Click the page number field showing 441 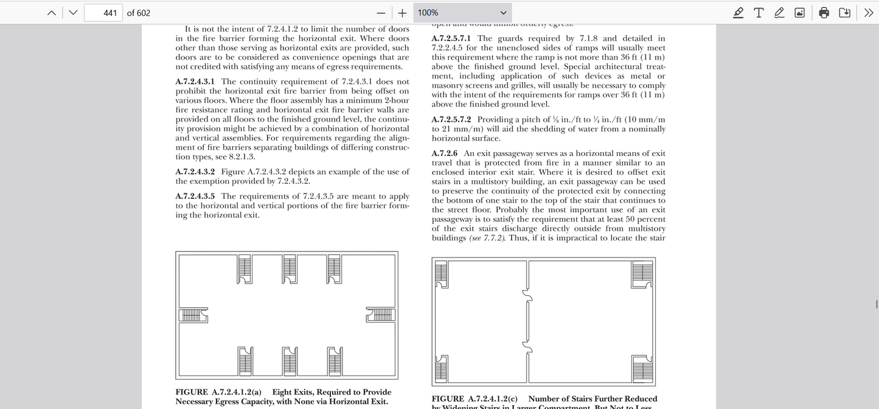click(x=103, y=13)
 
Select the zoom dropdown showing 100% click(x=463, y=13)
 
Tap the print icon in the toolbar click(x=824, y=13)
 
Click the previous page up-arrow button click(x=52, y=13)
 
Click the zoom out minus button click(x=381, y=13)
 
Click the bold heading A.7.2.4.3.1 click(x=195, y=82)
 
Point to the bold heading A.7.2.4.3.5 click(x=195, y=196)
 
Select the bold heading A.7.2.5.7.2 click(x=451, y=119)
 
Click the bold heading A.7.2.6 click(x=444, y=153)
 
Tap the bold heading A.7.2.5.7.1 click(x=451, y=38)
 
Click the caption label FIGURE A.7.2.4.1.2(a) click(x=218, y=392)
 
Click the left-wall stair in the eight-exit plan click(x=193, y=315)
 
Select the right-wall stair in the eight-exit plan click(x=381, y=315)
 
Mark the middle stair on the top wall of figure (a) click(x=290, y=268)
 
